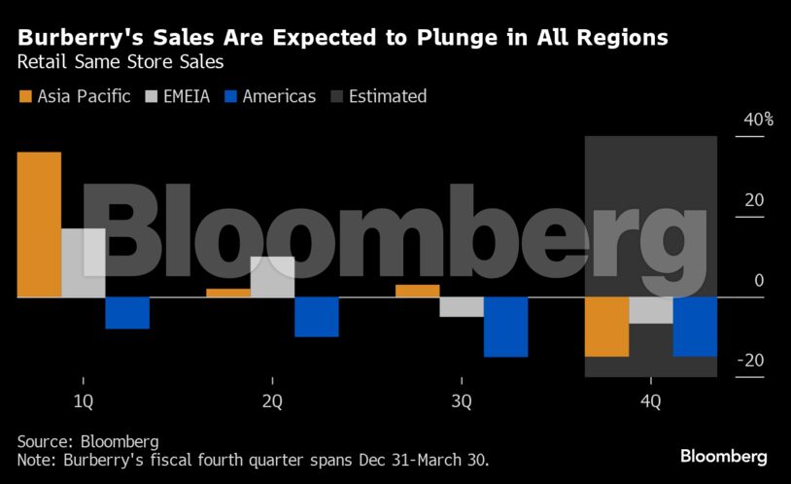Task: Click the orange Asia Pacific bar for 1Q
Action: pyautogui.click(x=39, y=225)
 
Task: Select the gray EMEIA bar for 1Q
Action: pyautogui.click(x=83, y=263)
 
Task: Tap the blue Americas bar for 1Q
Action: pyautogui.click(x=127, y=313)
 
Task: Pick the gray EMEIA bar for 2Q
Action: pyautogui.click(x=272, y=277)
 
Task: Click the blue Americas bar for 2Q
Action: pyautogui.click(x=317, y=317)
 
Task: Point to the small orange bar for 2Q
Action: pyautogui.click(x=228, y=293)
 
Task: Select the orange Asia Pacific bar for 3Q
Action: pyautogui.click(x=417, y=291)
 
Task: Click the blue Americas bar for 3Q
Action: pyautogui.click(x=505, y=327)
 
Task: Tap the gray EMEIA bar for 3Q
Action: pyautogui.click(x=462, y=307)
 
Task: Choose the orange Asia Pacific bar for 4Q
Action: pyautogui.click(x=606, y=327)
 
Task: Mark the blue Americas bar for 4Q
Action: pyautogui.click(x=695, y=327)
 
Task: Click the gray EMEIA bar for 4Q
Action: pyautogui.click(x=650, y=310)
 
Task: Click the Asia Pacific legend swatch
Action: pyautogui.click(x=25, y=96)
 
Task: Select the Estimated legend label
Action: pyautogui.click(x=387, y=96)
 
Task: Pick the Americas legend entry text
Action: pyautogui.click(x=279, y=96)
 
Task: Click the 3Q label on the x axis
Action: pyautogui.click(x=462, y=401)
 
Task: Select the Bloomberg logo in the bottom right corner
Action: pyautogui.click(x=723, y=456)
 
